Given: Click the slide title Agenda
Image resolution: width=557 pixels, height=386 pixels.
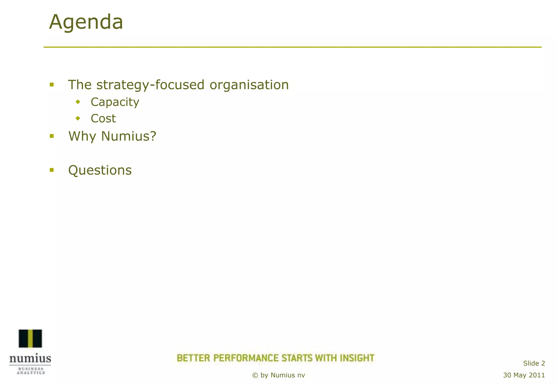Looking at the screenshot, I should pos(86,22).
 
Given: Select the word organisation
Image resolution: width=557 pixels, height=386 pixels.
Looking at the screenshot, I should pos(249,85).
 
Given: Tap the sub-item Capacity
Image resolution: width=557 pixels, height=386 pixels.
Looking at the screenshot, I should pos(115,102).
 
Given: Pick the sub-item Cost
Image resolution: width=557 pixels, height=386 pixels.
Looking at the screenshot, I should pos(103,119).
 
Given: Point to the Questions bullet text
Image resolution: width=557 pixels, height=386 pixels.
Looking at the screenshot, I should pos(100,170).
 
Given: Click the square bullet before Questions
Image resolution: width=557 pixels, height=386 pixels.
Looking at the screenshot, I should pos(52,170).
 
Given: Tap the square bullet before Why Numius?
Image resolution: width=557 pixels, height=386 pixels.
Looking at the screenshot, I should pos(52,136).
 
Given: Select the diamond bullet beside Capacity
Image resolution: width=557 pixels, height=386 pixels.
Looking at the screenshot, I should pos(78,102).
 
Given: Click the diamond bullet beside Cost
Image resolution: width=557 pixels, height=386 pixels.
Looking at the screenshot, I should pos(78,118).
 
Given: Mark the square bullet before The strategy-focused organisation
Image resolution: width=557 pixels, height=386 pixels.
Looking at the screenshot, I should pos(52,85).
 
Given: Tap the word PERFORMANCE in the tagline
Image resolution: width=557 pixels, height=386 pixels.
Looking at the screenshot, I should pos(246,358).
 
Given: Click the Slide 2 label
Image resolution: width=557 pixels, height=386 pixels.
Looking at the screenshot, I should pos(534,363).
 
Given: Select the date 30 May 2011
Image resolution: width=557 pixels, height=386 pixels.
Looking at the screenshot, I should pos(524,375).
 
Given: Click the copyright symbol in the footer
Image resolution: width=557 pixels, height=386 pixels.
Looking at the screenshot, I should pos(255,375).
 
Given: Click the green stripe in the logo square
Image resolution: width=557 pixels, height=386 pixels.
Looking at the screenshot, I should pos(30,338).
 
